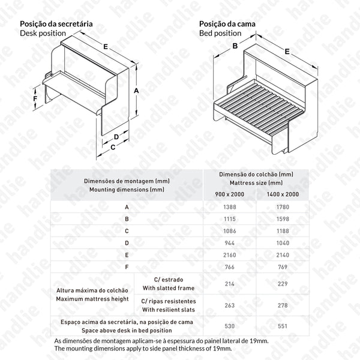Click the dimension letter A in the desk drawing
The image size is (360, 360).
[x=137, y=90]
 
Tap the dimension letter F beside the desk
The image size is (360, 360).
[x=35, y=98]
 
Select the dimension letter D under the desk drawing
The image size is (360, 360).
[x=116, y=137]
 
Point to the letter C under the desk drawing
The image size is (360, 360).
[x=113, y=146]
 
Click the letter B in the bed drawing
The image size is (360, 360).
[x=236, y=46]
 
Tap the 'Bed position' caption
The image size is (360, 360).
[x=220, y=34]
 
